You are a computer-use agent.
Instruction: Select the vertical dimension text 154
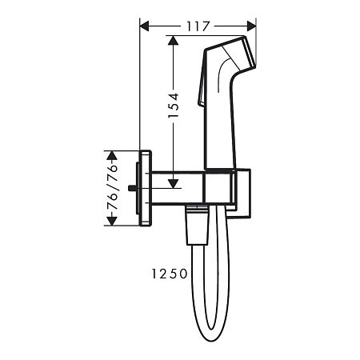coord(174,105)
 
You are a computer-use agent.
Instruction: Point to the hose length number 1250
coord(168,274)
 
